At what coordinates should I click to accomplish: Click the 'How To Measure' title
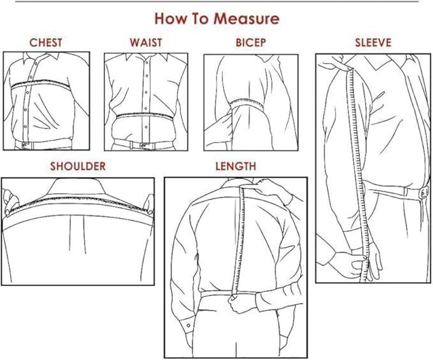pyautogui.click(x=216, y=19)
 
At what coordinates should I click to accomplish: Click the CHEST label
pyautogui.click(x=46, y=43)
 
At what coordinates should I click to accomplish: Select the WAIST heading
pyautogui.click(x=146, y=43)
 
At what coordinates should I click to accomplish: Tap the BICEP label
pyautogui.click(x=251, y=43)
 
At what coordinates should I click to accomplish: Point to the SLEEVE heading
pyautogui.click(x=373, y=43)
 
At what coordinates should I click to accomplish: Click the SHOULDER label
pyautogui.click(x=77, y=166)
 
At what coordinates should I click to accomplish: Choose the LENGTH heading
pyautogui.click(x=235, y=166)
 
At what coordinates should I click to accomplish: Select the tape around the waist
pyautogui.click(x=146, y=116)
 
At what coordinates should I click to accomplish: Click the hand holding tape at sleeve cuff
pyautogui.click(x=349, y=265)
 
